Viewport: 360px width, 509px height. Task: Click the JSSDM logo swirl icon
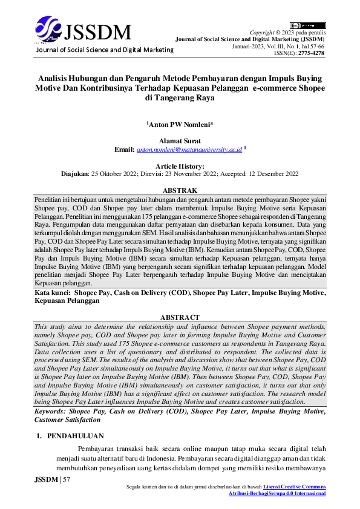coord(48,28)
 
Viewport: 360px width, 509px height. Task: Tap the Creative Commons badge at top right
coord(307,25)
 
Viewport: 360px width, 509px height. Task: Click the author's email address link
coord(189,149)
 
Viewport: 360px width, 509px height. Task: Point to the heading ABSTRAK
coord(180,190)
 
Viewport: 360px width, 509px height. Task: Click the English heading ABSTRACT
coord(180,317)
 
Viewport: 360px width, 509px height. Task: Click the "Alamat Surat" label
coord(180,141)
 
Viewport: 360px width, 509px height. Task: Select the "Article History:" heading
coord(180,166)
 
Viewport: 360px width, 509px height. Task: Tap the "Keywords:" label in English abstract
coord(53,411)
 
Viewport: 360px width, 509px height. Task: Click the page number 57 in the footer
coord(67,479)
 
